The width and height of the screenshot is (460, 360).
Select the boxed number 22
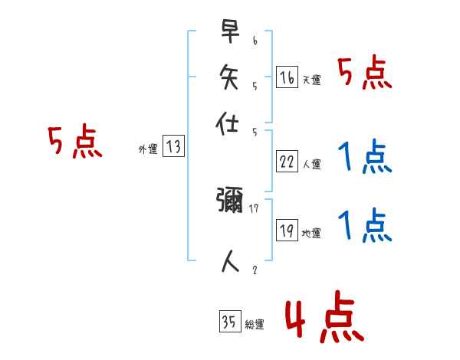pos(287,161)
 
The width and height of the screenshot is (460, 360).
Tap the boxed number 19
pos(287,231)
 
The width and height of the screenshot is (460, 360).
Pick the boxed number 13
pos(173,147)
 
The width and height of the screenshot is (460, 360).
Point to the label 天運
pos(311,80)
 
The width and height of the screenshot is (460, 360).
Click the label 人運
pos(311,163)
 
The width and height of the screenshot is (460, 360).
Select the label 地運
pos(311,233)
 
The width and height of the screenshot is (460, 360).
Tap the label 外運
pos(147,149)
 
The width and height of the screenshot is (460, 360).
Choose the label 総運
pos(255,324)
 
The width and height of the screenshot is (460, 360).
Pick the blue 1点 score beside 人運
pos(364,159)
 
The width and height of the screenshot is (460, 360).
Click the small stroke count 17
pos(253,207)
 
